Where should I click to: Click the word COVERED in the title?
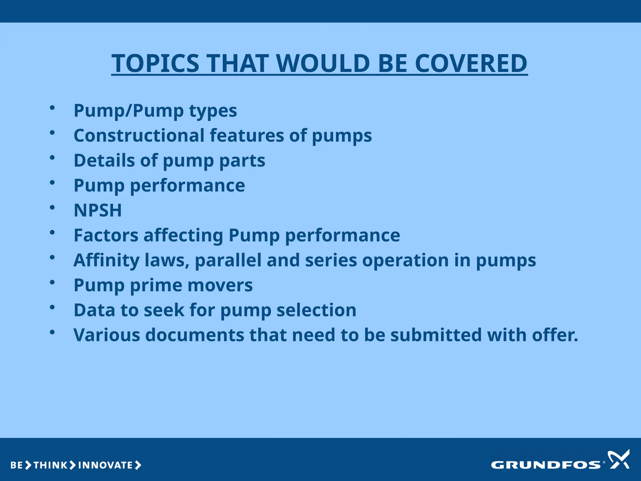pos(471,63)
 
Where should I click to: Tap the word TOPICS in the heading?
pos(156,63)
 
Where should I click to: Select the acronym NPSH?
pos(98,210)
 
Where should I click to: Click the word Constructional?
pos(139,135)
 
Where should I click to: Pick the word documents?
pos(194,335)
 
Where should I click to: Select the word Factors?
pos(106,235)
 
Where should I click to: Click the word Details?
pos(104,160)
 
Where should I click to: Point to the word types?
pos(213,111)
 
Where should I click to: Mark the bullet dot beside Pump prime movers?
pos(52,282)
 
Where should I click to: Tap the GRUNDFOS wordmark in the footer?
pos(546,465)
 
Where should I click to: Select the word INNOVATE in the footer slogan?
pos(105,465)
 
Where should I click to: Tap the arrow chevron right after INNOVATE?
pos(138,465)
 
